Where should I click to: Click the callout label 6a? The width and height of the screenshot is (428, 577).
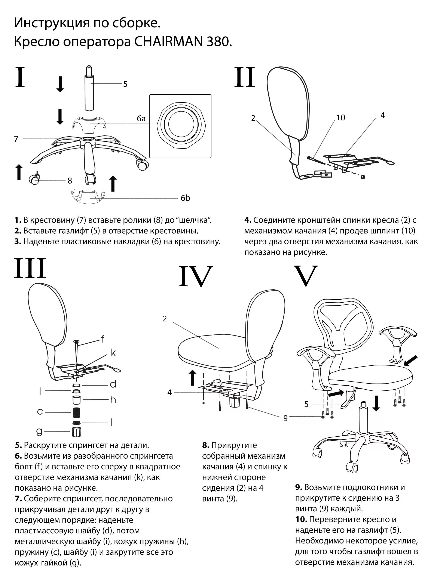click(x=141, y=119)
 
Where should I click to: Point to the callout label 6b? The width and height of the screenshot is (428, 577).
click(x=185, y=198)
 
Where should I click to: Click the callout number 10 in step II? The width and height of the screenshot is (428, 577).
click(x=341, y=118)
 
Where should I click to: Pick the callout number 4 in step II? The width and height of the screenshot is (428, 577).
click(x=382, y=115)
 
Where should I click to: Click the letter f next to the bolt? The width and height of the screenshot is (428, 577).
click(x=102, y=339)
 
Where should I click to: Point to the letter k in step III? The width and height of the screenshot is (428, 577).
click(x=113, y=352)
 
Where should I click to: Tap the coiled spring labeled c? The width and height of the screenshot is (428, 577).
click(x=76, y=412)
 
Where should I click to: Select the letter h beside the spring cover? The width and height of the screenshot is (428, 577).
click(x=113, y=400)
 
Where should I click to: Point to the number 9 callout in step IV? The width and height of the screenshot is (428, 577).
click(x=285, y=418)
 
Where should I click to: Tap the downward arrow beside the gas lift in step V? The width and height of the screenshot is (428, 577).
click(x=376, y=403)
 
